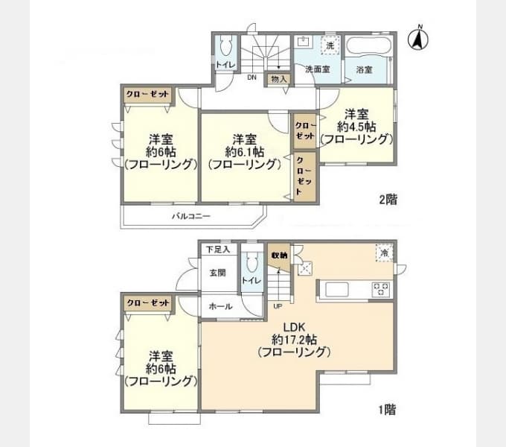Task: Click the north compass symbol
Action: click(x=418, y=39)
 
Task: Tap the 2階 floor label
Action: click(x=388, y=200)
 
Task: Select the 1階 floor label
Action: click(x=387, y=410)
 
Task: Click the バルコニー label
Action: click(x=191, y=216)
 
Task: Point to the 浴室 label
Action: click(x=365, y=69)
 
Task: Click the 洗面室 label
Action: click(x=318, y=69)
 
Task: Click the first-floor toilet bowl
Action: click(x=252, y=261)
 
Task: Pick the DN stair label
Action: click(x=252, y=77)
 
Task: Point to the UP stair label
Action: click(x=278, y=306)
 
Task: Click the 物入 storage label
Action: click(x=279, y=79)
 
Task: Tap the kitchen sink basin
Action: click(x=337, y=289)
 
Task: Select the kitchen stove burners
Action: click(x=381, y=289)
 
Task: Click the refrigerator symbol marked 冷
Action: click(x=385, y=253)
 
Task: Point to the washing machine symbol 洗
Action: click(x=330, y=45)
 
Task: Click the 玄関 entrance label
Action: click(x=218, y=273)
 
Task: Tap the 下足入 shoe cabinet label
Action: click(x=218, y=250)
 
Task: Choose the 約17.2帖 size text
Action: click(x=295, y=340)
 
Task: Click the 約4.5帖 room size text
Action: click(x=356, y=127)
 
